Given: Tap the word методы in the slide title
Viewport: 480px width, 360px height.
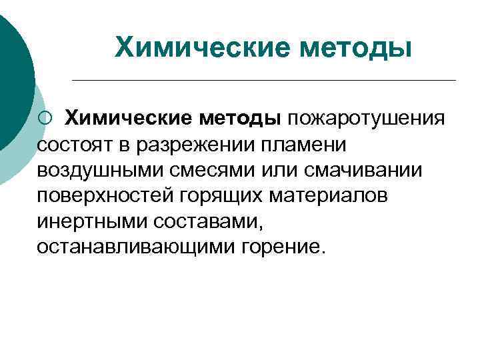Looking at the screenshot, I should (x=354, y=47).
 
